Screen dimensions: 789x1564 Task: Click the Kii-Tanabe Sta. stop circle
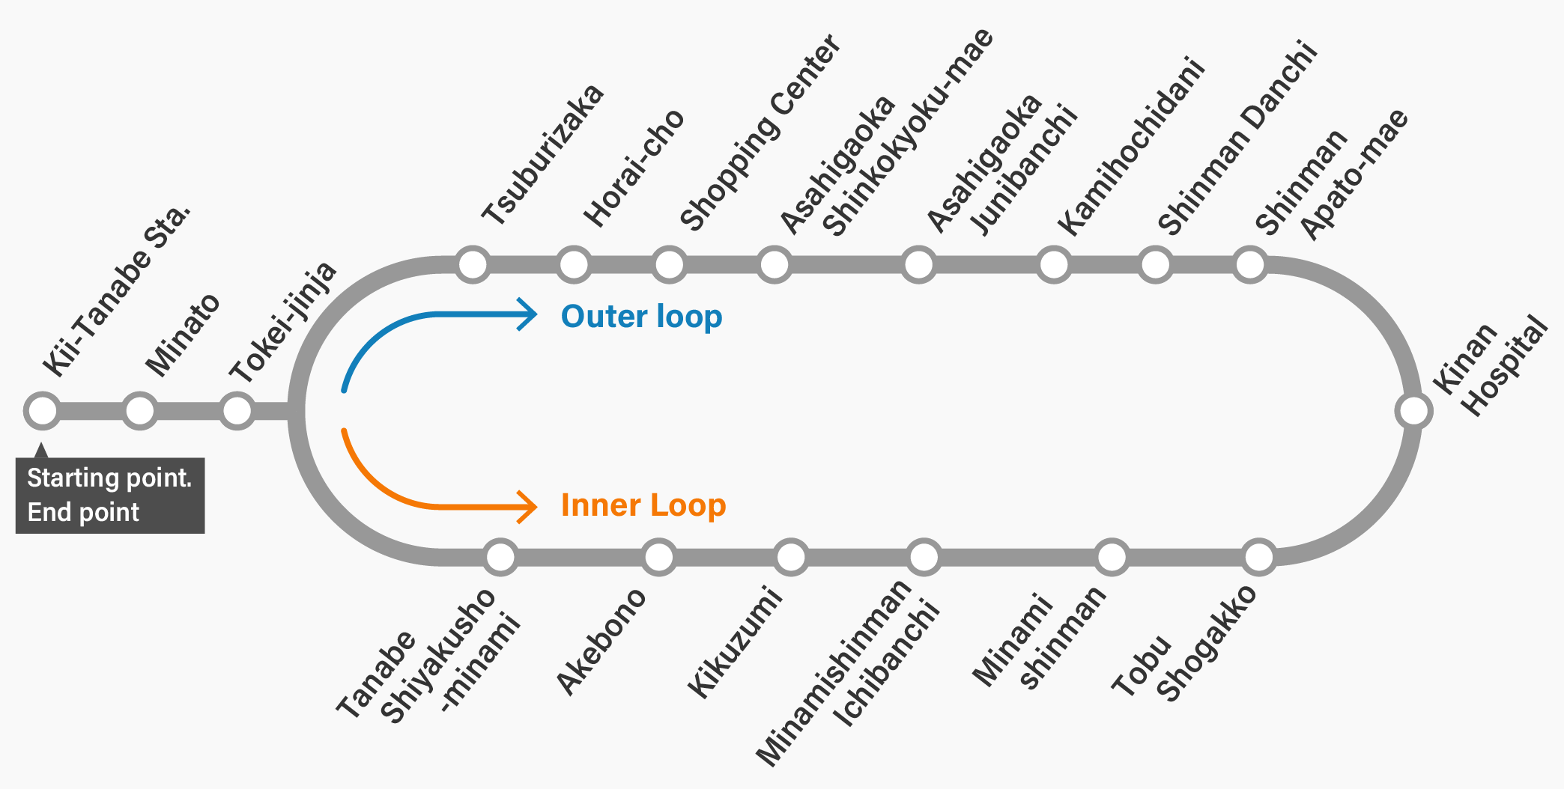click(x=42, y=410)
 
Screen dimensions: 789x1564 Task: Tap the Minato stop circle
click(x=139, y=410)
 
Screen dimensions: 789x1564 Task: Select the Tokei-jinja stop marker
click(x=237, y=410)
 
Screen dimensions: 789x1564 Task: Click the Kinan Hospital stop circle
click(x=1413, y=410)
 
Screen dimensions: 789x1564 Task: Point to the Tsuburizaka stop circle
click(x=473, y=264)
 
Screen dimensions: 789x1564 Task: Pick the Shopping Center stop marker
click(x=669, y=264)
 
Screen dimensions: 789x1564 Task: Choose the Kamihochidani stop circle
click(x=1054, y=264)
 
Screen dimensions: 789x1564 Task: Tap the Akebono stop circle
click(x=659, y=557)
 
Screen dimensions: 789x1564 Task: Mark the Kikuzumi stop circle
click(x=791, y=557)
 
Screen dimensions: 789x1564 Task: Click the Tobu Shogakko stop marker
click(x=1259, y=557)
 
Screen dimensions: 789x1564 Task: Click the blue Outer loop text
click(x=641, y=317)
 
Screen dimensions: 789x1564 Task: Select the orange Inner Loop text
click(x=643, y=505)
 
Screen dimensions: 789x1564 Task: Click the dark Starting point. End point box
click(x=110, y=495)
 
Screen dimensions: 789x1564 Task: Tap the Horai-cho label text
click(x=634, y=168)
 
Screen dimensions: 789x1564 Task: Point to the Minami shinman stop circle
click(x=1112, y=557)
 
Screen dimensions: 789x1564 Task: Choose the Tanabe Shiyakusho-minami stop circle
click(x=500, y=557)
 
